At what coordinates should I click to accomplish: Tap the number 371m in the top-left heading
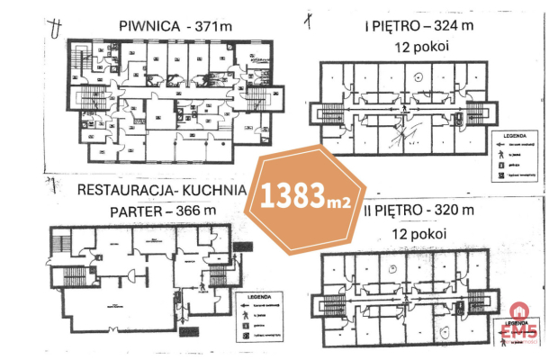211,26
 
